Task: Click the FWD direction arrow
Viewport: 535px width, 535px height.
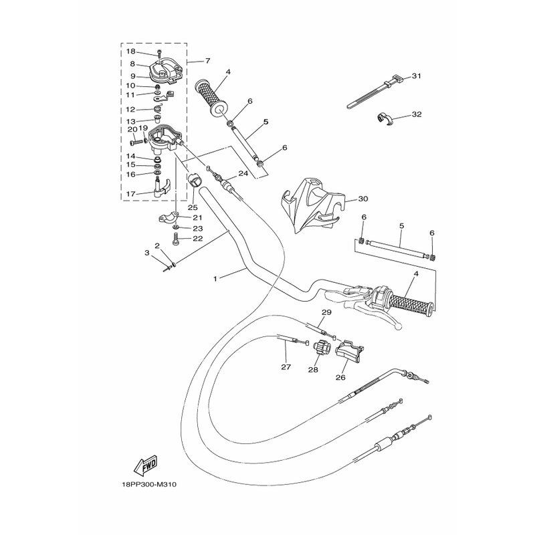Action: pos(145,465)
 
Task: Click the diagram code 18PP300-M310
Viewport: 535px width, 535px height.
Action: pos(149,484)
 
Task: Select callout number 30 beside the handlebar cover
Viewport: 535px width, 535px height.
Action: pos(363,199)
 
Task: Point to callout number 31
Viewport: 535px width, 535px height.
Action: pos(416,76)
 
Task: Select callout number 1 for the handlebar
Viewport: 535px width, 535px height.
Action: pos(215,279)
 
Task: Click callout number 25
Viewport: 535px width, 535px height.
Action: pos(193,207)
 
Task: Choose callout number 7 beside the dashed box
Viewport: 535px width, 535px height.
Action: pos(208,61)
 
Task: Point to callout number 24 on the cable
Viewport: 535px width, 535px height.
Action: pos(243,173)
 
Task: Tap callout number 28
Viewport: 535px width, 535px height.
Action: pos(313,369)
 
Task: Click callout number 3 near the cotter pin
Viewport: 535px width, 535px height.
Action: pos(147,253)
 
